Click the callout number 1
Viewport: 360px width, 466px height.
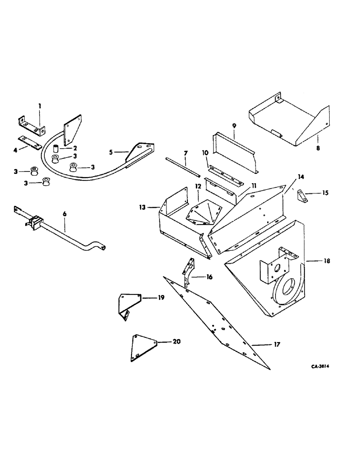pos(40,106)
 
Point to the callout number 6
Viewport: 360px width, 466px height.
pos(64,213)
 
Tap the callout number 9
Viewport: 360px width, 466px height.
pos(234,126)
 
